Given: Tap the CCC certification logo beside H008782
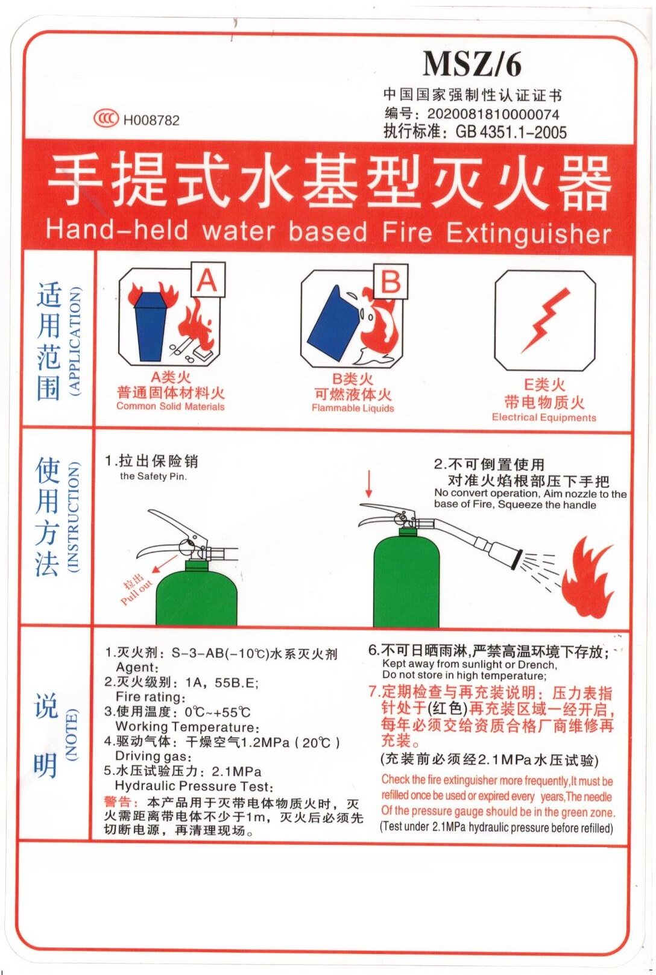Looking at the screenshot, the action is click(x=106, y=118).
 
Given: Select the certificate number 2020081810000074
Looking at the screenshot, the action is click(x=493, y=114).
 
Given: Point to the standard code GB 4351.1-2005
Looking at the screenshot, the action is click(x=511, y=132).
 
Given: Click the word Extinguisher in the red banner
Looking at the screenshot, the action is click(x=528, y=234).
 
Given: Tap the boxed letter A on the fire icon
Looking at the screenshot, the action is click(x=207, y=280).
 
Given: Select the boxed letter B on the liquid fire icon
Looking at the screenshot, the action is click(x=390, y=281).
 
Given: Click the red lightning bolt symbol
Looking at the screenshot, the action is click(x=545, y=320).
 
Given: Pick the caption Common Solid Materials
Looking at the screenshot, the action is click(x=170, y=407).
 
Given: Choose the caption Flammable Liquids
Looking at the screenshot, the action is click(x=353, y=409).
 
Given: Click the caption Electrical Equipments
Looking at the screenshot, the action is click(x=544, y=418).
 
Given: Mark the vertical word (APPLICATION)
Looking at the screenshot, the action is click(x=74, y=341).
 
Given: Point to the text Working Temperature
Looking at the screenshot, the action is click(x=186, y=727).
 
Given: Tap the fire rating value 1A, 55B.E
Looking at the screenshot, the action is click(x=221, y=683).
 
